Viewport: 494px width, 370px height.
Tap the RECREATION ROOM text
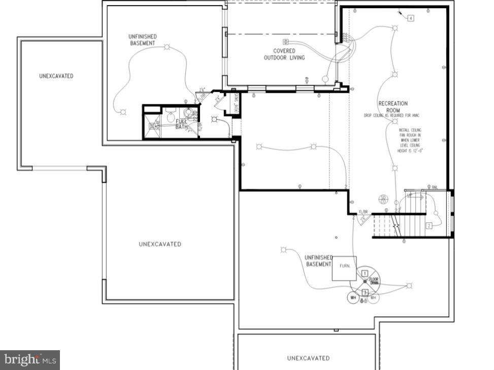tap(393, 107)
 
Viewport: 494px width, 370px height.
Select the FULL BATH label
tap(182, 124)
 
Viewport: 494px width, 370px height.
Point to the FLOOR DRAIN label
tap(374, 281)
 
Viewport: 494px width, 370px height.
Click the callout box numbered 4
tap(410, 18)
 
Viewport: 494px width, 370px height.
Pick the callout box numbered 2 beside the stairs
tap(429, 226)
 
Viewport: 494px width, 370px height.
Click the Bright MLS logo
tap(29, 360)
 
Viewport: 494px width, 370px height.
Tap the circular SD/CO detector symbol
tap(384, 199)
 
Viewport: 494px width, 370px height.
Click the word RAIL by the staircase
tap(435, 188)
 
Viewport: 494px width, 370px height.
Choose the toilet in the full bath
tap(171, 118)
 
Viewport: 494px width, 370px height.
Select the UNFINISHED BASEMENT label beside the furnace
tap(318, 261)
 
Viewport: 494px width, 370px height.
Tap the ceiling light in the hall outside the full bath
tap(214, 120)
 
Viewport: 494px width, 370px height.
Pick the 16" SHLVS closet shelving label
tap(236, 105)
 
